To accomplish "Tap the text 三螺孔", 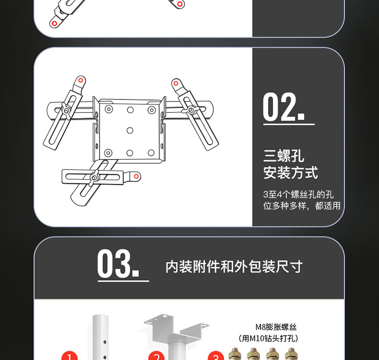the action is [283, 156].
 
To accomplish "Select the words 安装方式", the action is [291, 173].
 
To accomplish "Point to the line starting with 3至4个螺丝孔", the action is [298, 194].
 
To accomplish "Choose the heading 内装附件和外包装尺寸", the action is [234, 267].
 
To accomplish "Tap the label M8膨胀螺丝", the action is [276, 327].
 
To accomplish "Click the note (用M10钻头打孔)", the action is [268, 338].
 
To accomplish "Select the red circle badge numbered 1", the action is [70, 356].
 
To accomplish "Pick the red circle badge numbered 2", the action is [157, 356].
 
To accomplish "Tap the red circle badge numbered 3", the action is [216, 356].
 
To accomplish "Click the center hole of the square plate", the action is [130, 131].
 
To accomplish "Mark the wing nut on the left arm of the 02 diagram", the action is [66, 111].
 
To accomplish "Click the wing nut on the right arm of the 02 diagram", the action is [191, 110].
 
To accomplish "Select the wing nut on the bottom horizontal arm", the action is [94, 177].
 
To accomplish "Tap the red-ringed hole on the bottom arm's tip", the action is [136, 176].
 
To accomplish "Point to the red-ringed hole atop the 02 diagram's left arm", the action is [80, 80].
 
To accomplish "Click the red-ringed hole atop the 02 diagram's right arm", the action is [176, 83].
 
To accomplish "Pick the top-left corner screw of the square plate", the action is [109, 109].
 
